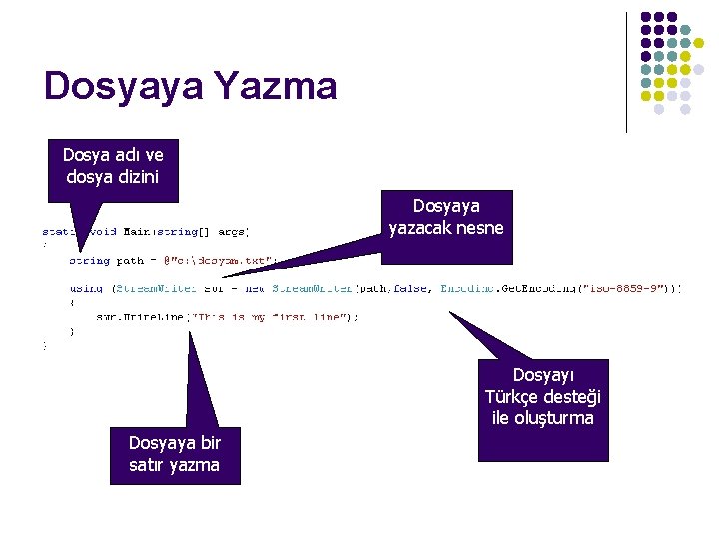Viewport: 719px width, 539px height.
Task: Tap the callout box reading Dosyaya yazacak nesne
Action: (447, 217)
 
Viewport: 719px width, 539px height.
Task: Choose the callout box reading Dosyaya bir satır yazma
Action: (174, 454)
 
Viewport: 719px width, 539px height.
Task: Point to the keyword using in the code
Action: (86, 288)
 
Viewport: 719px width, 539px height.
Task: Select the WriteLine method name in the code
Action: (159, 316)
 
